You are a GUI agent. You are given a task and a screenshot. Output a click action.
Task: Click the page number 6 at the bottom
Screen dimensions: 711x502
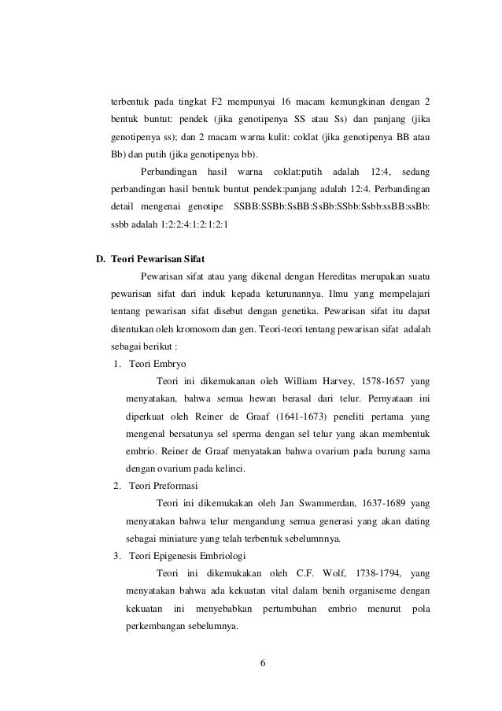[x=264, y=661]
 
